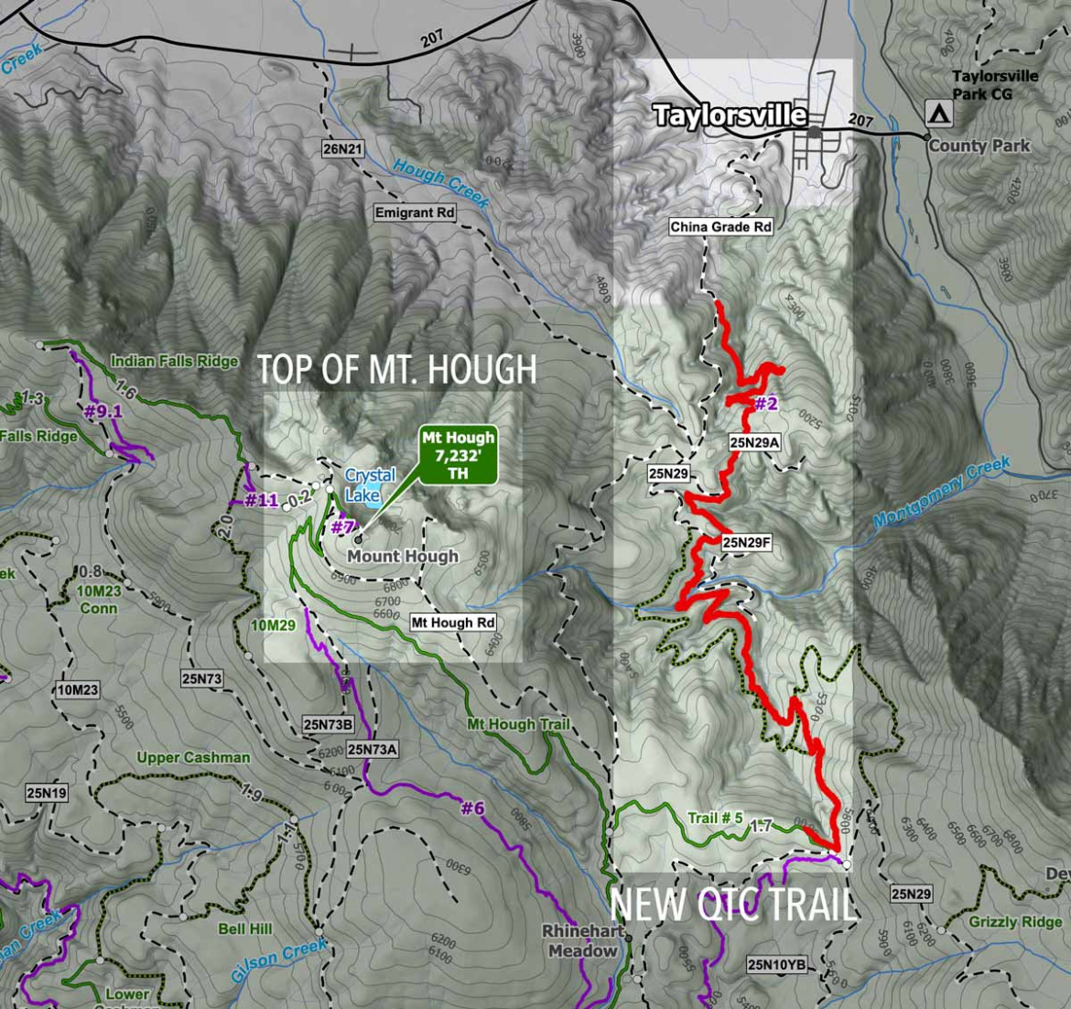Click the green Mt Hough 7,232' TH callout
[x=458, y=455]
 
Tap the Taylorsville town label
[x=730, y=115]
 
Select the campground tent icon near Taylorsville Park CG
[x=938, y=114]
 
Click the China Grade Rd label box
[x=721, y=227]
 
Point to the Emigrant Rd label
[x=415, y=212]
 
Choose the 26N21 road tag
[x=343, y=148]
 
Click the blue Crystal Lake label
[x=370, y=484]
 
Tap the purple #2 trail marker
[x=765, y=404]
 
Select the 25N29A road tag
[x=754, y=441]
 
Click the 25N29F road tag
[x=747, y=542]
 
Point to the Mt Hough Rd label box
[x=453, y=623]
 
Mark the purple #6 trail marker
[x=472, y=808]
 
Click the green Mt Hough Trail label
[x=518, y=724]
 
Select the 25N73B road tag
[x=328, y=725]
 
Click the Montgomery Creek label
[x=941, y=492]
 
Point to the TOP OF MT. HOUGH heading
[x=396, y=369]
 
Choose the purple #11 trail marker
[x=262, y=500]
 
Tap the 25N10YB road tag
[x=777, y=964]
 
